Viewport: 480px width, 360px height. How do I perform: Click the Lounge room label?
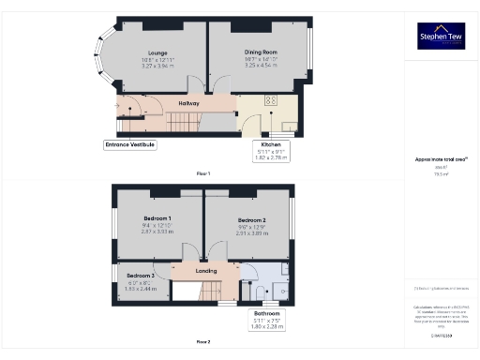(157, 53)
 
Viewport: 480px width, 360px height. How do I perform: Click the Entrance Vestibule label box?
(129, 145)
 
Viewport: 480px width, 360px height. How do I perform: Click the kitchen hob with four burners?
(271, 100)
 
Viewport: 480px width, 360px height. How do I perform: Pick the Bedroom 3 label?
(141, 276)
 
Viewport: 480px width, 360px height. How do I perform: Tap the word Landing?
(205, 272)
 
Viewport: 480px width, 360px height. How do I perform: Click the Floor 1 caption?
(203, 174)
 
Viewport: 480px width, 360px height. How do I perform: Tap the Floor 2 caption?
(203, 342)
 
